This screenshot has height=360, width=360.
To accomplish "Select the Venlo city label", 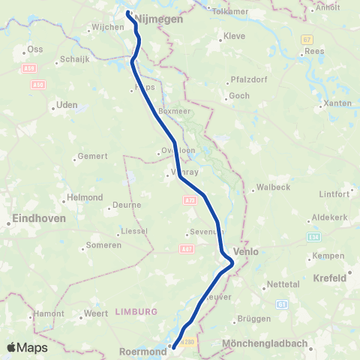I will (x=246, y=252).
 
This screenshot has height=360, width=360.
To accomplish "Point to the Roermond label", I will (x=142, y=350).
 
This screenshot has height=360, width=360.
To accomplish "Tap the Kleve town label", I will (x=235, y=36).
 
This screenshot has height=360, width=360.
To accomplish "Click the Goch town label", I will (x=239, y=96).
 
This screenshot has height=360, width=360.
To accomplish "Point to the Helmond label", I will (x=85, y=197).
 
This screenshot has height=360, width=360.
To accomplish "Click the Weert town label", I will (x=96, y=313).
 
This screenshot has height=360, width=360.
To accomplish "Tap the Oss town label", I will (x=35, y=49).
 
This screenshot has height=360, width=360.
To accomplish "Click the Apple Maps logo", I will (x=26, y=347).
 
